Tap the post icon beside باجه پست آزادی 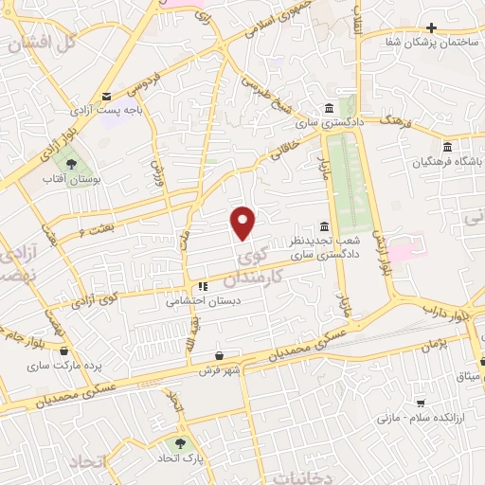pos(106,96)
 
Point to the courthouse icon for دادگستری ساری pos(328,106)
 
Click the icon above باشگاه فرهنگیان pos(447,146)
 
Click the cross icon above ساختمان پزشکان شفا pos(432,27)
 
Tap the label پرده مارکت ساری pos(51,365)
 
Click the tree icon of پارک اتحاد pos(177,443)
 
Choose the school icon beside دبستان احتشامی pos(202,287)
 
